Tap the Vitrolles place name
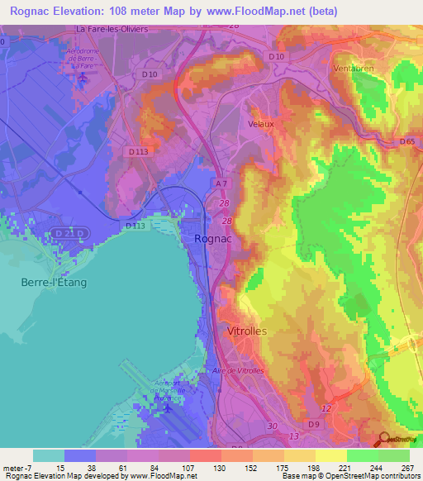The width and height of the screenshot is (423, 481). point(245,331)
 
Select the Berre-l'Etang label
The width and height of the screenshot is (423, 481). point(53,282)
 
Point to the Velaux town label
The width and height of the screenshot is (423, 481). point(261,123)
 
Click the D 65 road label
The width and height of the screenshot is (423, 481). point(406,141)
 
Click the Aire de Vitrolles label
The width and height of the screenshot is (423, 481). point(238,370)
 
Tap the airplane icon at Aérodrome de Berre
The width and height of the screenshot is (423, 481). point(84,78)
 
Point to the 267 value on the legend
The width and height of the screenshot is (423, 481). point(410,468)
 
